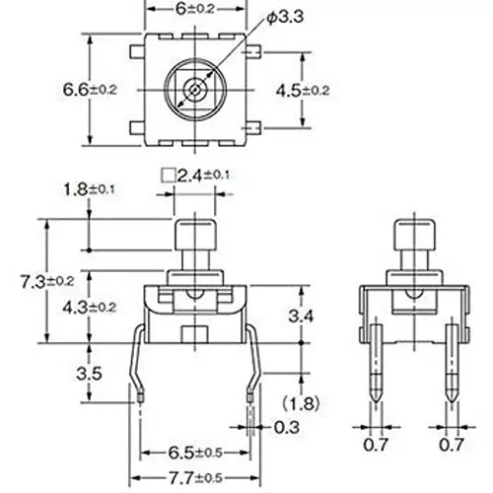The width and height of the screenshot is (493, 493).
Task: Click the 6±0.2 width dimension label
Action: click(x=194, y=8)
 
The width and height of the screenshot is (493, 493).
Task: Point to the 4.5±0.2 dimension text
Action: click(x=329, y=90)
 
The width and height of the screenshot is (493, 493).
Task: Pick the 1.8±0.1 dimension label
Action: click(x=90, y=189)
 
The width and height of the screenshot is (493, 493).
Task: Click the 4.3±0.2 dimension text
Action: click(x=90, y=307)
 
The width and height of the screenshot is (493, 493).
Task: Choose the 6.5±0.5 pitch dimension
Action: click(x=195, y=454)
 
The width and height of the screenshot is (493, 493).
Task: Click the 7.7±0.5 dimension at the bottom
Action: click(x=195, y=478)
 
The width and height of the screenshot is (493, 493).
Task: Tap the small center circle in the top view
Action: click(x=194, y=90)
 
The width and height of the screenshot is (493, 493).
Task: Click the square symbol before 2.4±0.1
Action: click(x=167, y=175)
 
